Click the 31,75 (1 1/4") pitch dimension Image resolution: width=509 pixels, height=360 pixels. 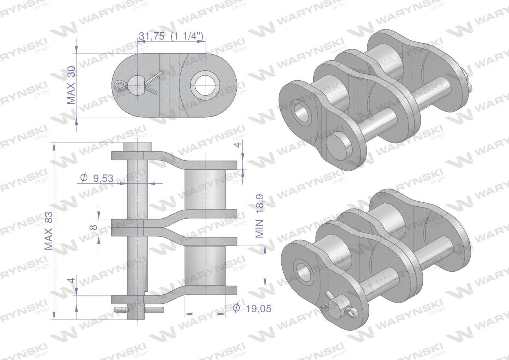coord(171,36)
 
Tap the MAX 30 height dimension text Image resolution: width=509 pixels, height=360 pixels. coord(71,85)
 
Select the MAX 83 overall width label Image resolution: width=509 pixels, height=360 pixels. coord(49,231)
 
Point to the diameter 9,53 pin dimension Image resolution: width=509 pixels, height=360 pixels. coord(97,178)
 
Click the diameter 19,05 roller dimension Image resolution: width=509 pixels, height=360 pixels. coord(252,308)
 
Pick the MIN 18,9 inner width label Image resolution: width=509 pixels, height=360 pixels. coord(260,216)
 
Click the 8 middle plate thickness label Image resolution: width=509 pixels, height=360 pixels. coord(94,227)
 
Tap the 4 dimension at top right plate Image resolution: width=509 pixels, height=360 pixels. coord(238,145)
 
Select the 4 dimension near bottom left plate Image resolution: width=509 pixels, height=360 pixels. coord(72,280)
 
